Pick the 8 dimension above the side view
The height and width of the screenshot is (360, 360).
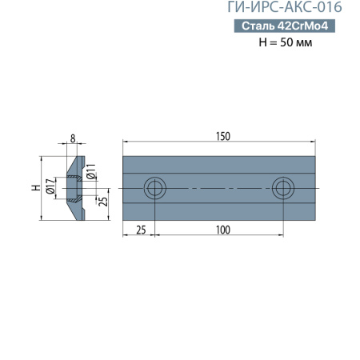(73, 138)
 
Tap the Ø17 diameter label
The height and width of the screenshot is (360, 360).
(50, 186)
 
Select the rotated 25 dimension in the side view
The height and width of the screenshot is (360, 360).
(102, 200)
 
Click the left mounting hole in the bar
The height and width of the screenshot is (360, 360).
(154, 189)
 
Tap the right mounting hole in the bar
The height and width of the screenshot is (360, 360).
(282, 189)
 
